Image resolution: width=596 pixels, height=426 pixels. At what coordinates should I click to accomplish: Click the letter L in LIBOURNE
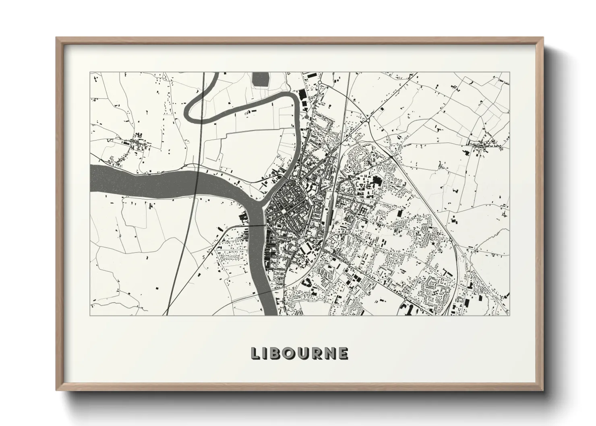(x=256, y=353)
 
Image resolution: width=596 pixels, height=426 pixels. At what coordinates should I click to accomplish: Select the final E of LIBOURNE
(x=343, y=353)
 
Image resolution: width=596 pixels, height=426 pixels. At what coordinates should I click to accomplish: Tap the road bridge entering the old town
(x=257, y=226)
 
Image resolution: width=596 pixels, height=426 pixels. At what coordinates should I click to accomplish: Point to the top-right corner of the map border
(x=509, y=72)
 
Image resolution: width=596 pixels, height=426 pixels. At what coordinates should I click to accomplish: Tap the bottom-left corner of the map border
(x=90, y=315)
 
